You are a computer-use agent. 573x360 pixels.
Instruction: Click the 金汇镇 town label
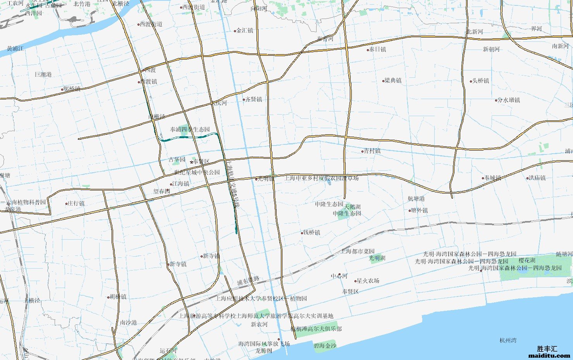click(x=245, y=31)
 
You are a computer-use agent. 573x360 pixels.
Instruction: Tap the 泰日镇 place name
click(x=377, y=50)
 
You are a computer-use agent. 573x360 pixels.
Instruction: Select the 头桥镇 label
click(x=480, y=81)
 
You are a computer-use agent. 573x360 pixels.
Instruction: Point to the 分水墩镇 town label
click(x=509, y=100)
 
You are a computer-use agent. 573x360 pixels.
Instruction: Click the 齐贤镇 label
click(x=254, y=99)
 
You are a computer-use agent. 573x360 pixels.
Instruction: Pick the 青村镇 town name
click(x=372, y=151)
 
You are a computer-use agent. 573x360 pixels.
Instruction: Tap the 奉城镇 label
click(x=493, y=178)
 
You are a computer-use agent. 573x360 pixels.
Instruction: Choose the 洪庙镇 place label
click(x=537, y=178)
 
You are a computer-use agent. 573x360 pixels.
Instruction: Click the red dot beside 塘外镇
click(x=410, y=211)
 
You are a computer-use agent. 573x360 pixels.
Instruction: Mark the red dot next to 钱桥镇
click(x=302, y=233)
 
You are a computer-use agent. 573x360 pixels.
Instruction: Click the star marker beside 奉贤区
click(x=191, y=162)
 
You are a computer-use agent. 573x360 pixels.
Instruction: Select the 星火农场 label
click(x=368, y=281)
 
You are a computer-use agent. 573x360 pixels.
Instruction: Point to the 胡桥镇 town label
click(x=118, y=297)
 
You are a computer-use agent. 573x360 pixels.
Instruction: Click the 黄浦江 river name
click(x=15, y=49)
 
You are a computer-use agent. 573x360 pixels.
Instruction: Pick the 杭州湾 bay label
click(x=508, y=341)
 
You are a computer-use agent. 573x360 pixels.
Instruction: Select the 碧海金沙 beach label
click(x=325, y=346)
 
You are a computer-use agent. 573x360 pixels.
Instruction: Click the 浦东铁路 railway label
click(x=248, y=281)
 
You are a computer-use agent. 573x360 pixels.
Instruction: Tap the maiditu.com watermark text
click(x=549, y=355)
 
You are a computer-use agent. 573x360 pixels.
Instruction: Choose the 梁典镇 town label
click(x=393, y=81)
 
